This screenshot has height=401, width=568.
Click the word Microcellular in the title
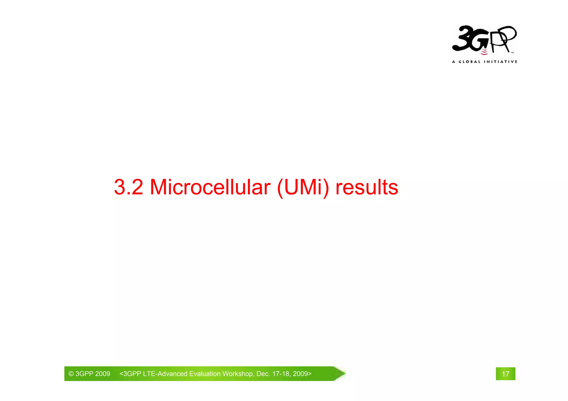tap(210, 187)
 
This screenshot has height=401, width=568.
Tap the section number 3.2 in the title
tap(128, 187)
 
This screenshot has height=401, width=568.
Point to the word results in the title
tap(367, 187)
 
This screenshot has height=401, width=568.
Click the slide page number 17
tap(505, 374)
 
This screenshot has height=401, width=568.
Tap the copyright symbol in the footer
tap(71, 374)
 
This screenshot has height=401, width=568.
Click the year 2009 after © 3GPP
tap(103, 374)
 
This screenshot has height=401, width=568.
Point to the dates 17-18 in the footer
tap(281, 374)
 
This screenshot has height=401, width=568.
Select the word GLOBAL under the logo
tap(470, 62)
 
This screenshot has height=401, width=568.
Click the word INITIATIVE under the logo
tap(500, 62)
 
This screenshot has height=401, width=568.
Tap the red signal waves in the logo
tap(484, 52)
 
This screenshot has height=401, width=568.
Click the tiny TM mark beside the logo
tap(512, 52)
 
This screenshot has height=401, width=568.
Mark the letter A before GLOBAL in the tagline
tap(454, 62)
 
